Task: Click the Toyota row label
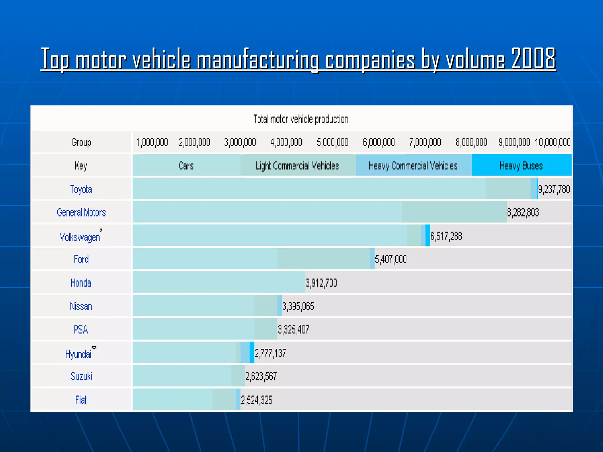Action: click(x=81, y=189)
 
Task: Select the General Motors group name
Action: click(x=81, y=212)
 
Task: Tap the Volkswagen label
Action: click(x=80, y=237)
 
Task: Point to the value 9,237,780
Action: click(x=554, y=189)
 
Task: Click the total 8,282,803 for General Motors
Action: click(x=523, y=212)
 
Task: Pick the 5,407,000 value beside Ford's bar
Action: click(x=390, y=259)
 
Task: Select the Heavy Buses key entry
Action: click(x=521, y=166)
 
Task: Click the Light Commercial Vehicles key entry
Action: click(x=297, y=166)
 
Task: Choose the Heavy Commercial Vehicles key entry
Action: click(x=413, y=166)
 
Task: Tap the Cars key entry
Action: click(x=186, y=166)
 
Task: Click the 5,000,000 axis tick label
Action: click(x=332, y=142)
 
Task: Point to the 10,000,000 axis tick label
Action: click(x=552, y=142)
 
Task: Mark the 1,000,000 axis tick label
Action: click(x=152, y=142)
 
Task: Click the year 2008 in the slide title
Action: click(x=533, y=59)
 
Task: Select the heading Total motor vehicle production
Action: click(x=301, y=119)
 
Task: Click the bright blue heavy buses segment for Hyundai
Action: click(x=252, y=353)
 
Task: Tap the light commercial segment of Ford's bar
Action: click(x=323, y=259)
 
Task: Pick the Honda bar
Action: click(x=218, y=282)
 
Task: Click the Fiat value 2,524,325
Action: click(x=256, y=400)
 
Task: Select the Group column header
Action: click(x=81, y=142)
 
